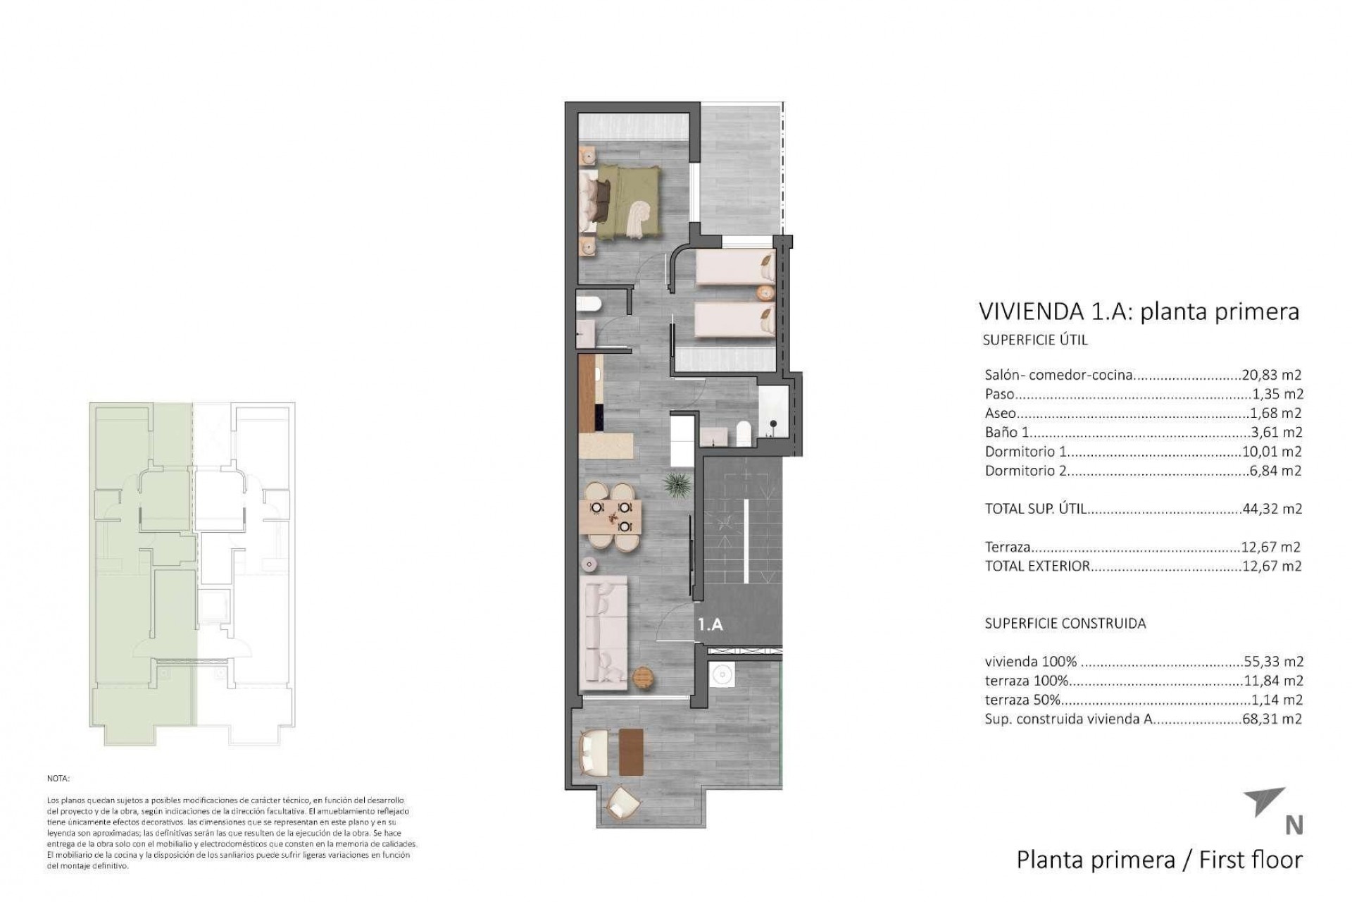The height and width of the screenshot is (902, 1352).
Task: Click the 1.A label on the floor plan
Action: click(x=710, y=624)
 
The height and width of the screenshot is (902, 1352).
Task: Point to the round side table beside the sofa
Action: click(x=644, y=678)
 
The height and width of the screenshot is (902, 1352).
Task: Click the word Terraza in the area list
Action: click(x=1008, y=547)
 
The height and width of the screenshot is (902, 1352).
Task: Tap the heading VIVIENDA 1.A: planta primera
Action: click(x=1139, y=311)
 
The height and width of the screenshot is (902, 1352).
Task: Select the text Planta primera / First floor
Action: click(x=1159, y=860)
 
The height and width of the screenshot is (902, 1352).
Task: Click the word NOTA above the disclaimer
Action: click(x=58, y=779)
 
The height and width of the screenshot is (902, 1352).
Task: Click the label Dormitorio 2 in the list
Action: click(x=1025, y=471)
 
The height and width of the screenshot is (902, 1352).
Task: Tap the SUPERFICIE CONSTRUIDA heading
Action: click(x=1065, y=624)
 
